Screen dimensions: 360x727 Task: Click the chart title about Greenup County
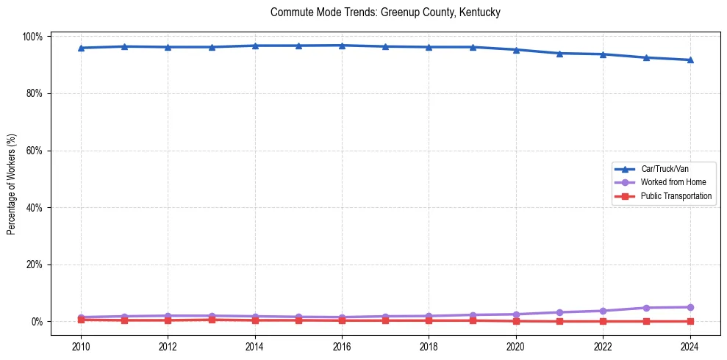(x=385, y=12)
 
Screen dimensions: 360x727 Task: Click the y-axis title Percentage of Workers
(x=12, y=179)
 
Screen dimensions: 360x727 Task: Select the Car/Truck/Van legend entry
(x=664, y=169)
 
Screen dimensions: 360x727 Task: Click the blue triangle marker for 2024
(x=690, y=60)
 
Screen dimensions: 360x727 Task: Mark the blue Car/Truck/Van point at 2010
(x=81, y=48)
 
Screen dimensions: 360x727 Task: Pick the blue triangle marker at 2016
(x=342, y=46)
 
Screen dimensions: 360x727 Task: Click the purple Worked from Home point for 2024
(x=690, y=307)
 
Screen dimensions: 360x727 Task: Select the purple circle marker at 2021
(x=559, y=312)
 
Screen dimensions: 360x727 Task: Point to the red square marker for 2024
(x=690, y=321)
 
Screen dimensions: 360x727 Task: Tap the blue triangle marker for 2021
(x=559, y=54)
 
